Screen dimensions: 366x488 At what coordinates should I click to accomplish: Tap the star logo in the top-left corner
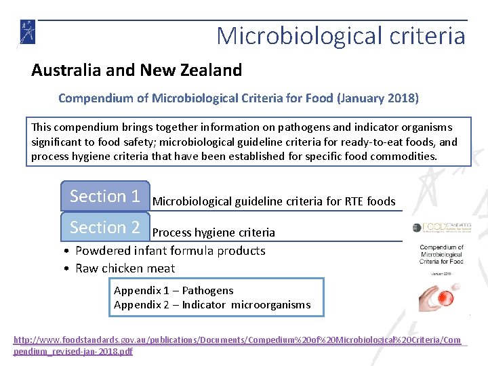click(28, 32)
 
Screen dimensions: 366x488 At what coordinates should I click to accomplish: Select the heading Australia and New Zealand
click(136, 70)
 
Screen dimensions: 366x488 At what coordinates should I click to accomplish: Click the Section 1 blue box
click(104, 197)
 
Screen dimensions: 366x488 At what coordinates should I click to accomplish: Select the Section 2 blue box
click(104, 228)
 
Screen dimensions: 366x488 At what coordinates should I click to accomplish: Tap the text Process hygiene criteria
click(213, 232)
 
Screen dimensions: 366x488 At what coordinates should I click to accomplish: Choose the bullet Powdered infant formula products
click(170, 251)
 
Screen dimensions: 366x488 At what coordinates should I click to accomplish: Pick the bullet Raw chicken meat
click(125, 268)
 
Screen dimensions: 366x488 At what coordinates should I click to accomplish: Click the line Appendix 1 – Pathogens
click(174, 290)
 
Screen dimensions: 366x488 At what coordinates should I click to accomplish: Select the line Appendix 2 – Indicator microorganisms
click(212, 305)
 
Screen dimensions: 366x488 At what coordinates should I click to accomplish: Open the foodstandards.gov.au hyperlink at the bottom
click(241, 344)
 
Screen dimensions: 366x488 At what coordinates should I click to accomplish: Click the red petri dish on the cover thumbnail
click(441, 294)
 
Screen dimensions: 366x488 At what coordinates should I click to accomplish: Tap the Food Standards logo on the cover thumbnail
click(441, 228)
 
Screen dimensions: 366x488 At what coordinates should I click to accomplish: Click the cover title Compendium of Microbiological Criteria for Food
click(441, 255)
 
